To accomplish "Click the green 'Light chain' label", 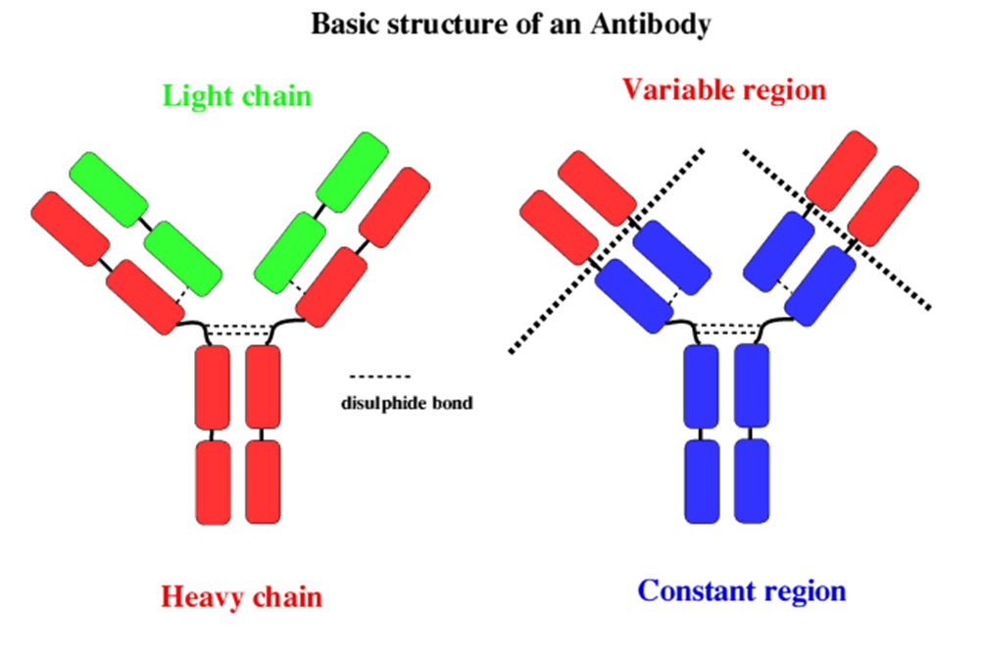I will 236,96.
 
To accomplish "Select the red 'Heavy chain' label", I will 241,595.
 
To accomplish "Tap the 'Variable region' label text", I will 723,90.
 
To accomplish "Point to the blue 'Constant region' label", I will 741,591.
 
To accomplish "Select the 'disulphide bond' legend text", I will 406,402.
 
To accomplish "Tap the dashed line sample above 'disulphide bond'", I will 380,377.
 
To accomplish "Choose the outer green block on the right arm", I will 350,175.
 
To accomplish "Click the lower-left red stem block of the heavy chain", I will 213,481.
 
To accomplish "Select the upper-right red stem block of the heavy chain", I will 263,385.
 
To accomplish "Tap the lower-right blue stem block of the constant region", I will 752,481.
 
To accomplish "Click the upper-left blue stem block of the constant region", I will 702,385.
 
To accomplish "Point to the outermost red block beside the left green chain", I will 70,229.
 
